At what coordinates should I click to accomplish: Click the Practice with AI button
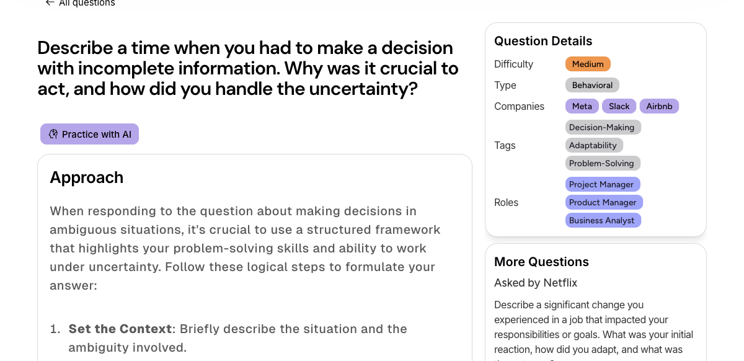[89, 134]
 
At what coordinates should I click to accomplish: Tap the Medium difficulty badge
[588, 64]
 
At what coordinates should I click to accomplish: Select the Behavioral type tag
[592, 85]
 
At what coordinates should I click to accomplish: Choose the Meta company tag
[582, 106]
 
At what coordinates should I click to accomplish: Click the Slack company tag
[619, 106]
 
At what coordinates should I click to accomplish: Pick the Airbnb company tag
[659, 106]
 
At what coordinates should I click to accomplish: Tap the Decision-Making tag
[601, 127]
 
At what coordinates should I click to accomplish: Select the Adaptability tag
[593, 145]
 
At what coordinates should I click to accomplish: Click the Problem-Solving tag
[601, 163]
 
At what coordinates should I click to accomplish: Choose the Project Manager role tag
[601, 184]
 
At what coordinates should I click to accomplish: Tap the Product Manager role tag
[603, 202]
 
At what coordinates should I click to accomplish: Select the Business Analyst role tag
[601, 220]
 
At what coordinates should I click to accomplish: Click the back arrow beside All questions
[50, 3]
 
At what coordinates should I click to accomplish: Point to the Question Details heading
[543, 41]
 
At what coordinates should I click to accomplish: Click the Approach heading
[87, 177]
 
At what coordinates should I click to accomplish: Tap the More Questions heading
[541, 262]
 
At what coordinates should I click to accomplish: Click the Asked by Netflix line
[536, 283]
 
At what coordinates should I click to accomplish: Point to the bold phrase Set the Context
[120, 329]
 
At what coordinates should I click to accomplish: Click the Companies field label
[519, 106]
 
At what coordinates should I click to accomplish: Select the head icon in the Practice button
[53, 134]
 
